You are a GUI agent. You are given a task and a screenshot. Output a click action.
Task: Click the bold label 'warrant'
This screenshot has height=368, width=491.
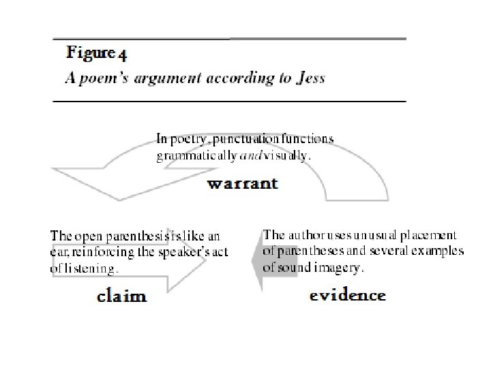pyautogui.click(x=242, y=183)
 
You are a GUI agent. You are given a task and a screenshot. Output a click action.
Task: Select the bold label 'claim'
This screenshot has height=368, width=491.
pyautogui.click(x=122, y=296)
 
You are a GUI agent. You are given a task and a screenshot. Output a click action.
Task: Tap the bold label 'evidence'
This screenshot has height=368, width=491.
pyautogui.click(x=347, y=295)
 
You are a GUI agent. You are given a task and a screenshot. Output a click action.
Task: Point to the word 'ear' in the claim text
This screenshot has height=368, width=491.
pyautogui.click(x=59, y=251)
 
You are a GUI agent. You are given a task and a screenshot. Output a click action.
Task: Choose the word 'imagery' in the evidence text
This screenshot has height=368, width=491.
pyautogui.click(x=337, y=268)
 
